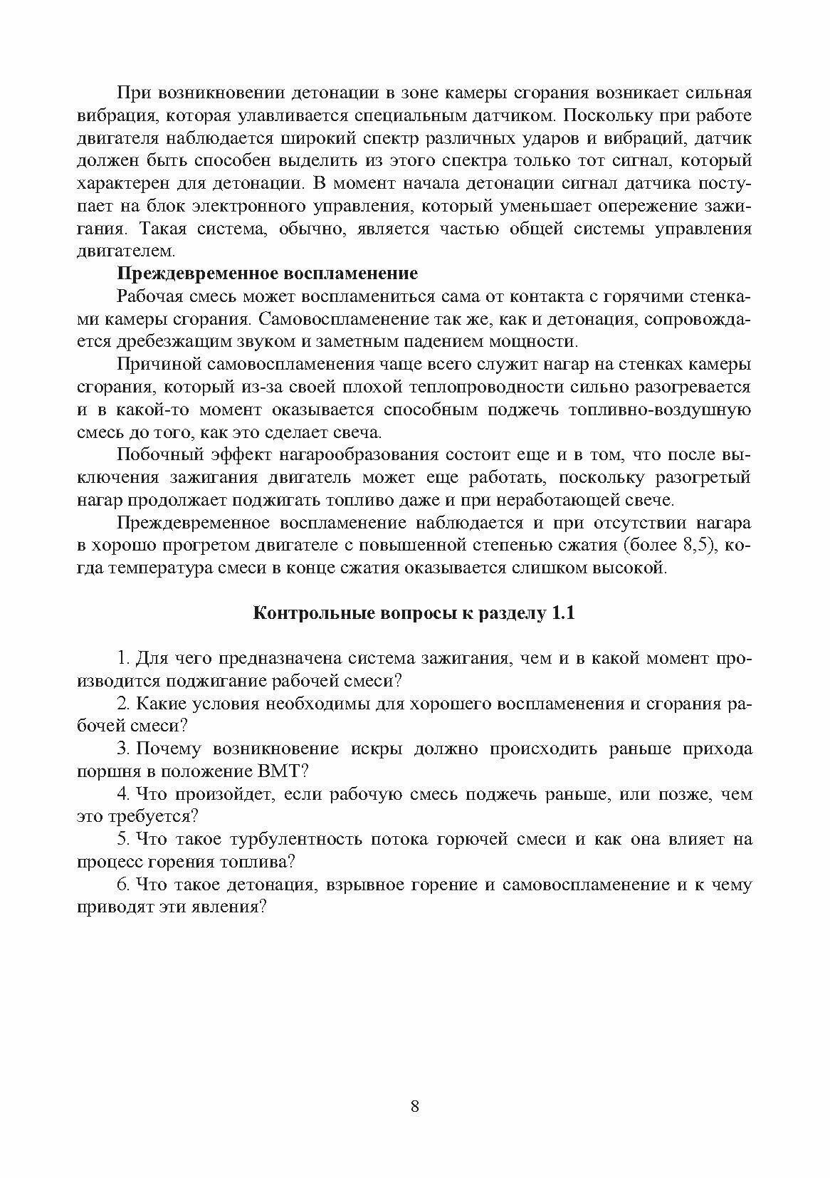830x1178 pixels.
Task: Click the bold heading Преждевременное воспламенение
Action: point(266,273)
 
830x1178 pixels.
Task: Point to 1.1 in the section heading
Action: point(562,614)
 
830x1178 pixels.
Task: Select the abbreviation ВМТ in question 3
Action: point(285,771)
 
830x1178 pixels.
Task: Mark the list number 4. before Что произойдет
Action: point(122,794)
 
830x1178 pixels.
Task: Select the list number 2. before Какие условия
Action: point(122,704)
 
